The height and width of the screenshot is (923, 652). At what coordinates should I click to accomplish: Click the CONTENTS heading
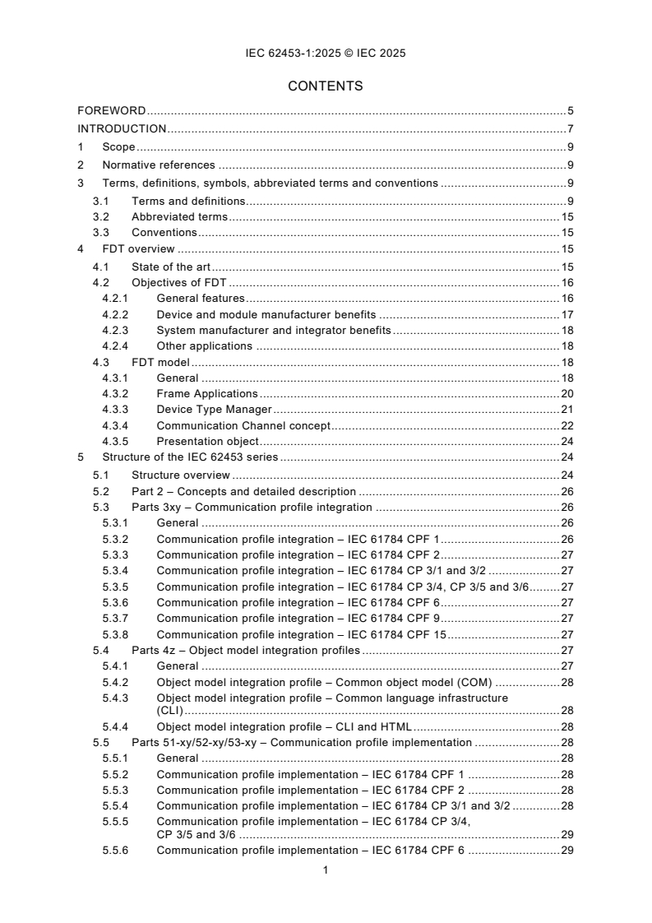[326, 86]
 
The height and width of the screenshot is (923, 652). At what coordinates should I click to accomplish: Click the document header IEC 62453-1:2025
[326, 53]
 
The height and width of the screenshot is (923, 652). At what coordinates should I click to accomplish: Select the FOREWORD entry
[112, 110]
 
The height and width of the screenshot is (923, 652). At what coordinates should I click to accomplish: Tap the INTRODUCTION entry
[122, 128]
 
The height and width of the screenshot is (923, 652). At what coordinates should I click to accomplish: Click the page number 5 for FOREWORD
[570, 110]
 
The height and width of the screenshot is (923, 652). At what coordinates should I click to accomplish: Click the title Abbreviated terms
[179, 217]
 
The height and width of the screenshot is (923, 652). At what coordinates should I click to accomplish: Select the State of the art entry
[171, 267]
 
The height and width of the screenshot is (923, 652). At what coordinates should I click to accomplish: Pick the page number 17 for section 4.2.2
[567, 314]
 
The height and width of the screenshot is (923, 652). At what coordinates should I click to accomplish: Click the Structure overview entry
[180, 475]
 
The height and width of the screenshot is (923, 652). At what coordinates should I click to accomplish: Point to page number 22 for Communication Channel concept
[567, 425]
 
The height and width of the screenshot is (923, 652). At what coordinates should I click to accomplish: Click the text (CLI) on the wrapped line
[170, 710]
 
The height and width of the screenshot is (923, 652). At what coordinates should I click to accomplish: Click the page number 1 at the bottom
[326, 870]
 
